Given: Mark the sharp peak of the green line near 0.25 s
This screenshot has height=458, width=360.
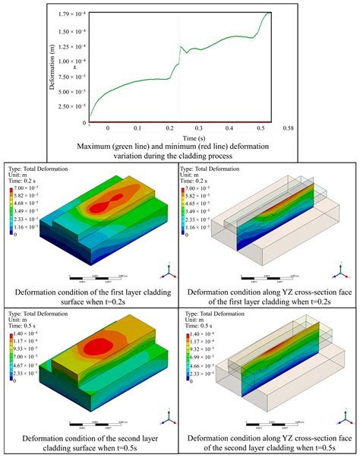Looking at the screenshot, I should click(180, 47).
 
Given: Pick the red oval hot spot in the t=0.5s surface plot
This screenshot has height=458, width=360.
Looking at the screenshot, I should click(106, 346).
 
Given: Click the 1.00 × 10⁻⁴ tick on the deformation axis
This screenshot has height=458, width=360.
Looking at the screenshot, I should click(68, 61).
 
